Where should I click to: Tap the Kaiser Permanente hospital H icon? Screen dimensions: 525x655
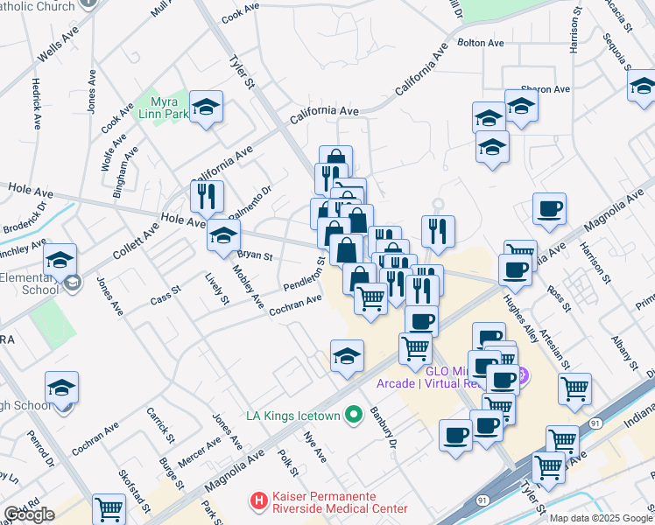(x=258, y=501)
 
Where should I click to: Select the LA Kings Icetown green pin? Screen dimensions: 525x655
(x=354, y=414)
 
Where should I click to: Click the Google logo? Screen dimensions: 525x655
(x=29, y=514)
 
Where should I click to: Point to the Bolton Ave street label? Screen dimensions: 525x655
(x=481, y=42)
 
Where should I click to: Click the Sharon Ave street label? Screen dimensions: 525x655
(x=545, y=89)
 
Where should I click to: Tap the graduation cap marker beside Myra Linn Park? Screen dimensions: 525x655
(x=207, y=107)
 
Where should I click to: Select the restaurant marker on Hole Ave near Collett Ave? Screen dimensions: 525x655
(x=208, y=197)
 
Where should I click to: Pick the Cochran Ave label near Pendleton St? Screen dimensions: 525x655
(x=295, y=305)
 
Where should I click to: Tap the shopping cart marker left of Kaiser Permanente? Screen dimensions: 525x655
(x=109, y=509)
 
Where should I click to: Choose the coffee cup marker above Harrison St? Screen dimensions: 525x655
(x=549, y=209)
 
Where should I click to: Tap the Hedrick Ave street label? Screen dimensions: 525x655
(x=37, y=102)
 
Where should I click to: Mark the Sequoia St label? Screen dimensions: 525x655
(x=617, y=50)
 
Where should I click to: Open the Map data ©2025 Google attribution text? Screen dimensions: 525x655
(x=601, y=517)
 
